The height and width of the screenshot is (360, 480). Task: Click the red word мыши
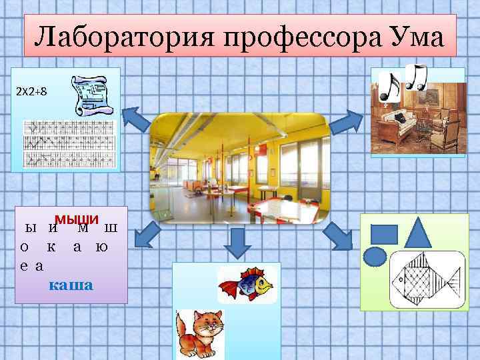pyautogui.click(x=77, y=220)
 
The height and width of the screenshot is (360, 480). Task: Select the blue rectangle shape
pyautogui.click(x=383, y=234)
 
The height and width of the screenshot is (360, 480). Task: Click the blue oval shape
pyautogui.click(x=375, y=257)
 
